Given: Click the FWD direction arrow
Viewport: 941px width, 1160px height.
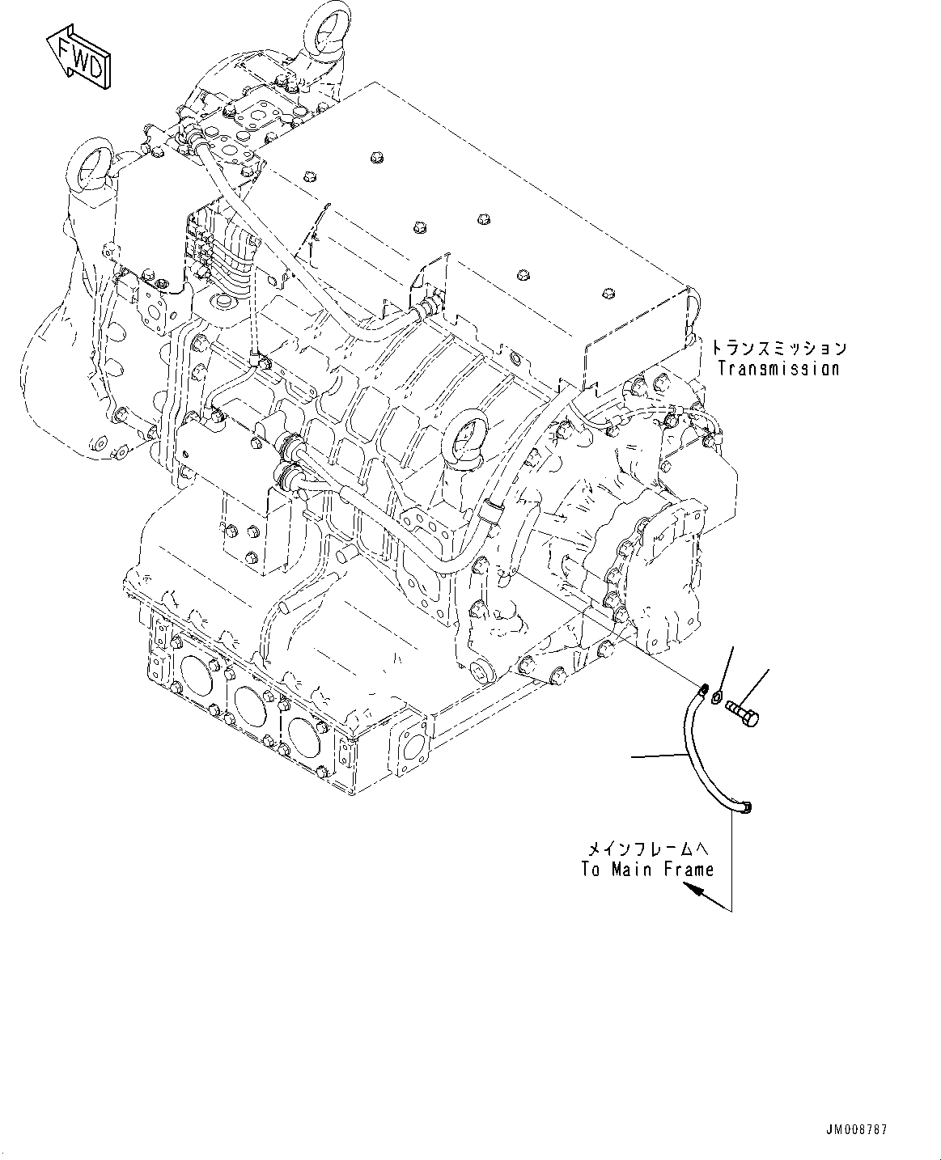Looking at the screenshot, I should click(x=78, y=57).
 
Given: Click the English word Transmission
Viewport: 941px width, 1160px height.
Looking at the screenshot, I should click(x=778, y=369).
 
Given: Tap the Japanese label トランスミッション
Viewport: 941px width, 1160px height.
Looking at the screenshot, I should click(x=778, y=349).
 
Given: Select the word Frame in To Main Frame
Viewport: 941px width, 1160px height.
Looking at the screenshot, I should click(x=689, y=870).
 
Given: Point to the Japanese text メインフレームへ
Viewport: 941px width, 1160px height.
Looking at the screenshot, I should click(x=647, y=849).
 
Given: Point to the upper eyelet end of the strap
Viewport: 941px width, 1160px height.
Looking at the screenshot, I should click(x=702, y=689).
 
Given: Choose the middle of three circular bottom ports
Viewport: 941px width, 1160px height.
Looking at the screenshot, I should click(x=251, y=696).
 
